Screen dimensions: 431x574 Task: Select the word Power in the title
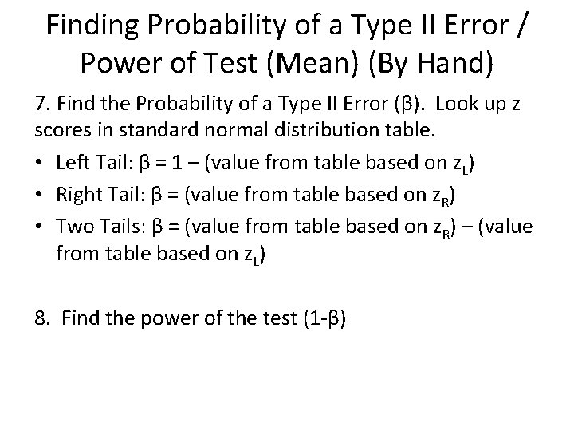point(101,65)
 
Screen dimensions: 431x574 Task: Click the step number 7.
point(39,104)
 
